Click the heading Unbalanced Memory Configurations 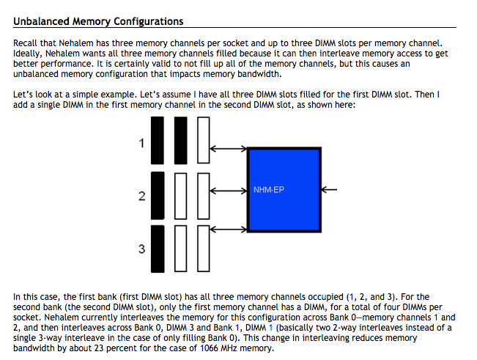(x=99, y=22)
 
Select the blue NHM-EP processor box (x=284, y=189)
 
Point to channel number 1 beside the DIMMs (x=141, y=144)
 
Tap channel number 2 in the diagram (x=141, y=196)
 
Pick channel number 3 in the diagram (x=141, y=250)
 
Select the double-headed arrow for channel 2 (x=228, y=191)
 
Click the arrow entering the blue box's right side (x=329, y=190)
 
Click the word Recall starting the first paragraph (x=27, y=43)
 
